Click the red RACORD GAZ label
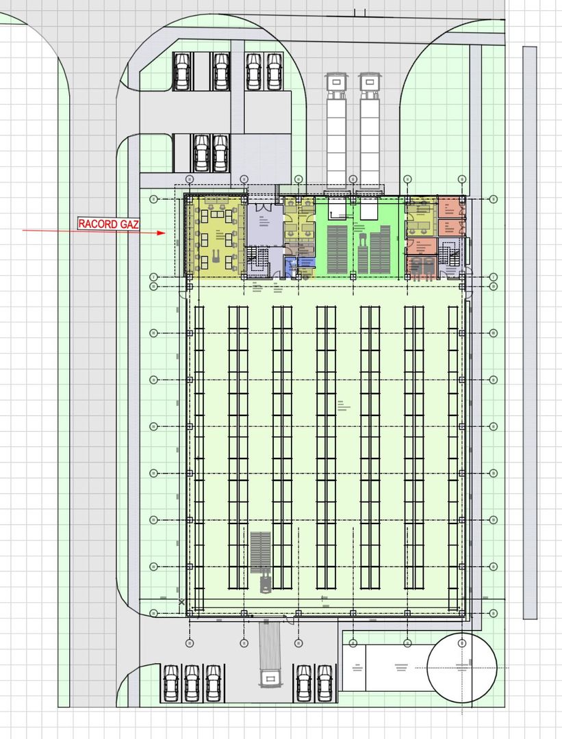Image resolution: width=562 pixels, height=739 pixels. tap(109, 224)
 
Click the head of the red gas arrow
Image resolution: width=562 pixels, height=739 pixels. tap(162, 233)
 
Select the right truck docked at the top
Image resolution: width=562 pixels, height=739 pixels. tap(370, 130)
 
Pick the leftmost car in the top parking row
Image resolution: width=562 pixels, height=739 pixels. tap(182, 71)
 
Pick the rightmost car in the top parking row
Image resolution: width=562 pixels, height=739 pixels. tap(274, 71)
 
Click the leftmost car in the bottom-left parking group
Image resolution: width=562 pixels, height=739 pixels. tap(170, 683)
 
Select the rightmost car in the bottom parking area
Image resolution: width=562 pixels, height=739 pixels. tap(324, 683)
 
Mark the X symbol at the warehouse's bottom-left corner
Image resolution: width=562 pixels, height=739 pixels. tap(182, 602)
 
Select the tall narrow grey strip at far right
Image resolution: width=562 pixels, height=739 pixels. tap(529, 332)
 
